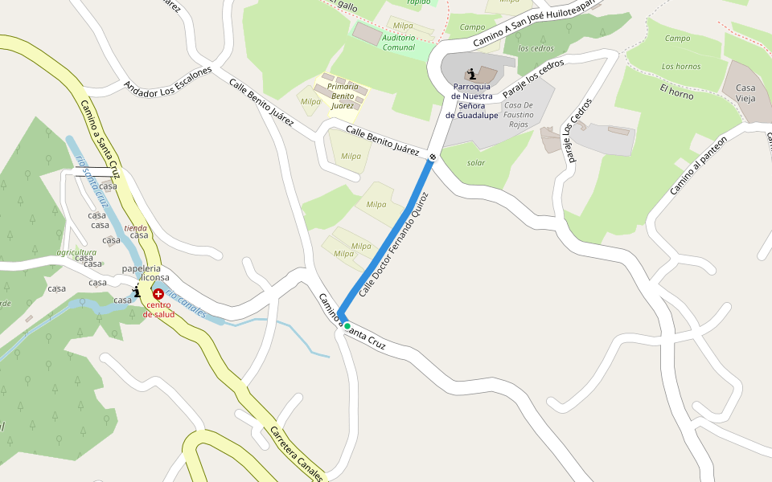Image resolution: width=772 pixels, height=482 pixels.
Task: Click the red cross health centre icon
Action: pos(158,295)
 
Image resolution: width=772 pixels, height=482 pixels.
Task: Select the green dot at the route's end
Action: pos(347,326)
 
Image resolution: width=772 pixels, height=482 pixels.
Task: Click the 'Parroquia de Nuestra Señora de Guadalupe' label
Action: pos(472,100)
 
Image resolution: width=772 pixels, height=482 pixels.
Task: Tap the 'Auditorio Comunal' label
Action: pos(399,43)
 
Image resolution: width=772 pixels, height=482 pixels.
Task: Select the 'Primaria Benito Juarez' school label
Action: pos(343,96)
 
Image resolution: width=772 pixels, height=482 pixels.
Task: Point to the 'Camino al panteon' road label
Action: pos(697,165)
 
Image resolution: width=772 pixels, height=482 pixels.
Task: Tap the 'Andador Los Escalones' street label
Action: pos(167,81)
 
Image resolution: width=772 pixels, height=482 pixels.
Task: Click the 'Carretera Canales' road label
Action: pos(296,453)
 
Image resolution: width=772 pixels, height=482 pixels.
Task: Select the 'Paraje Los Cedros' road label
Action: pos(577,130)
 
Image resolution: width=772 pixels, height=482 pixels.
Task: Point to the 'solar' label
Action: pos(476,162)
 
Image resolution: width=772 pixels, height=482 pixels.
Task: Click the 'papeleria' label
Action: pos(142,268)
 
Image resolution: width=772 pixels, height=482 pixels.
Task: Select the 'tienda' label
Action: pos(135,228)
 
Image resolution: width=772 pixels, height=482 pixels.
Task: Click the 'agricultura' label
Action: pos(76,252)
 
